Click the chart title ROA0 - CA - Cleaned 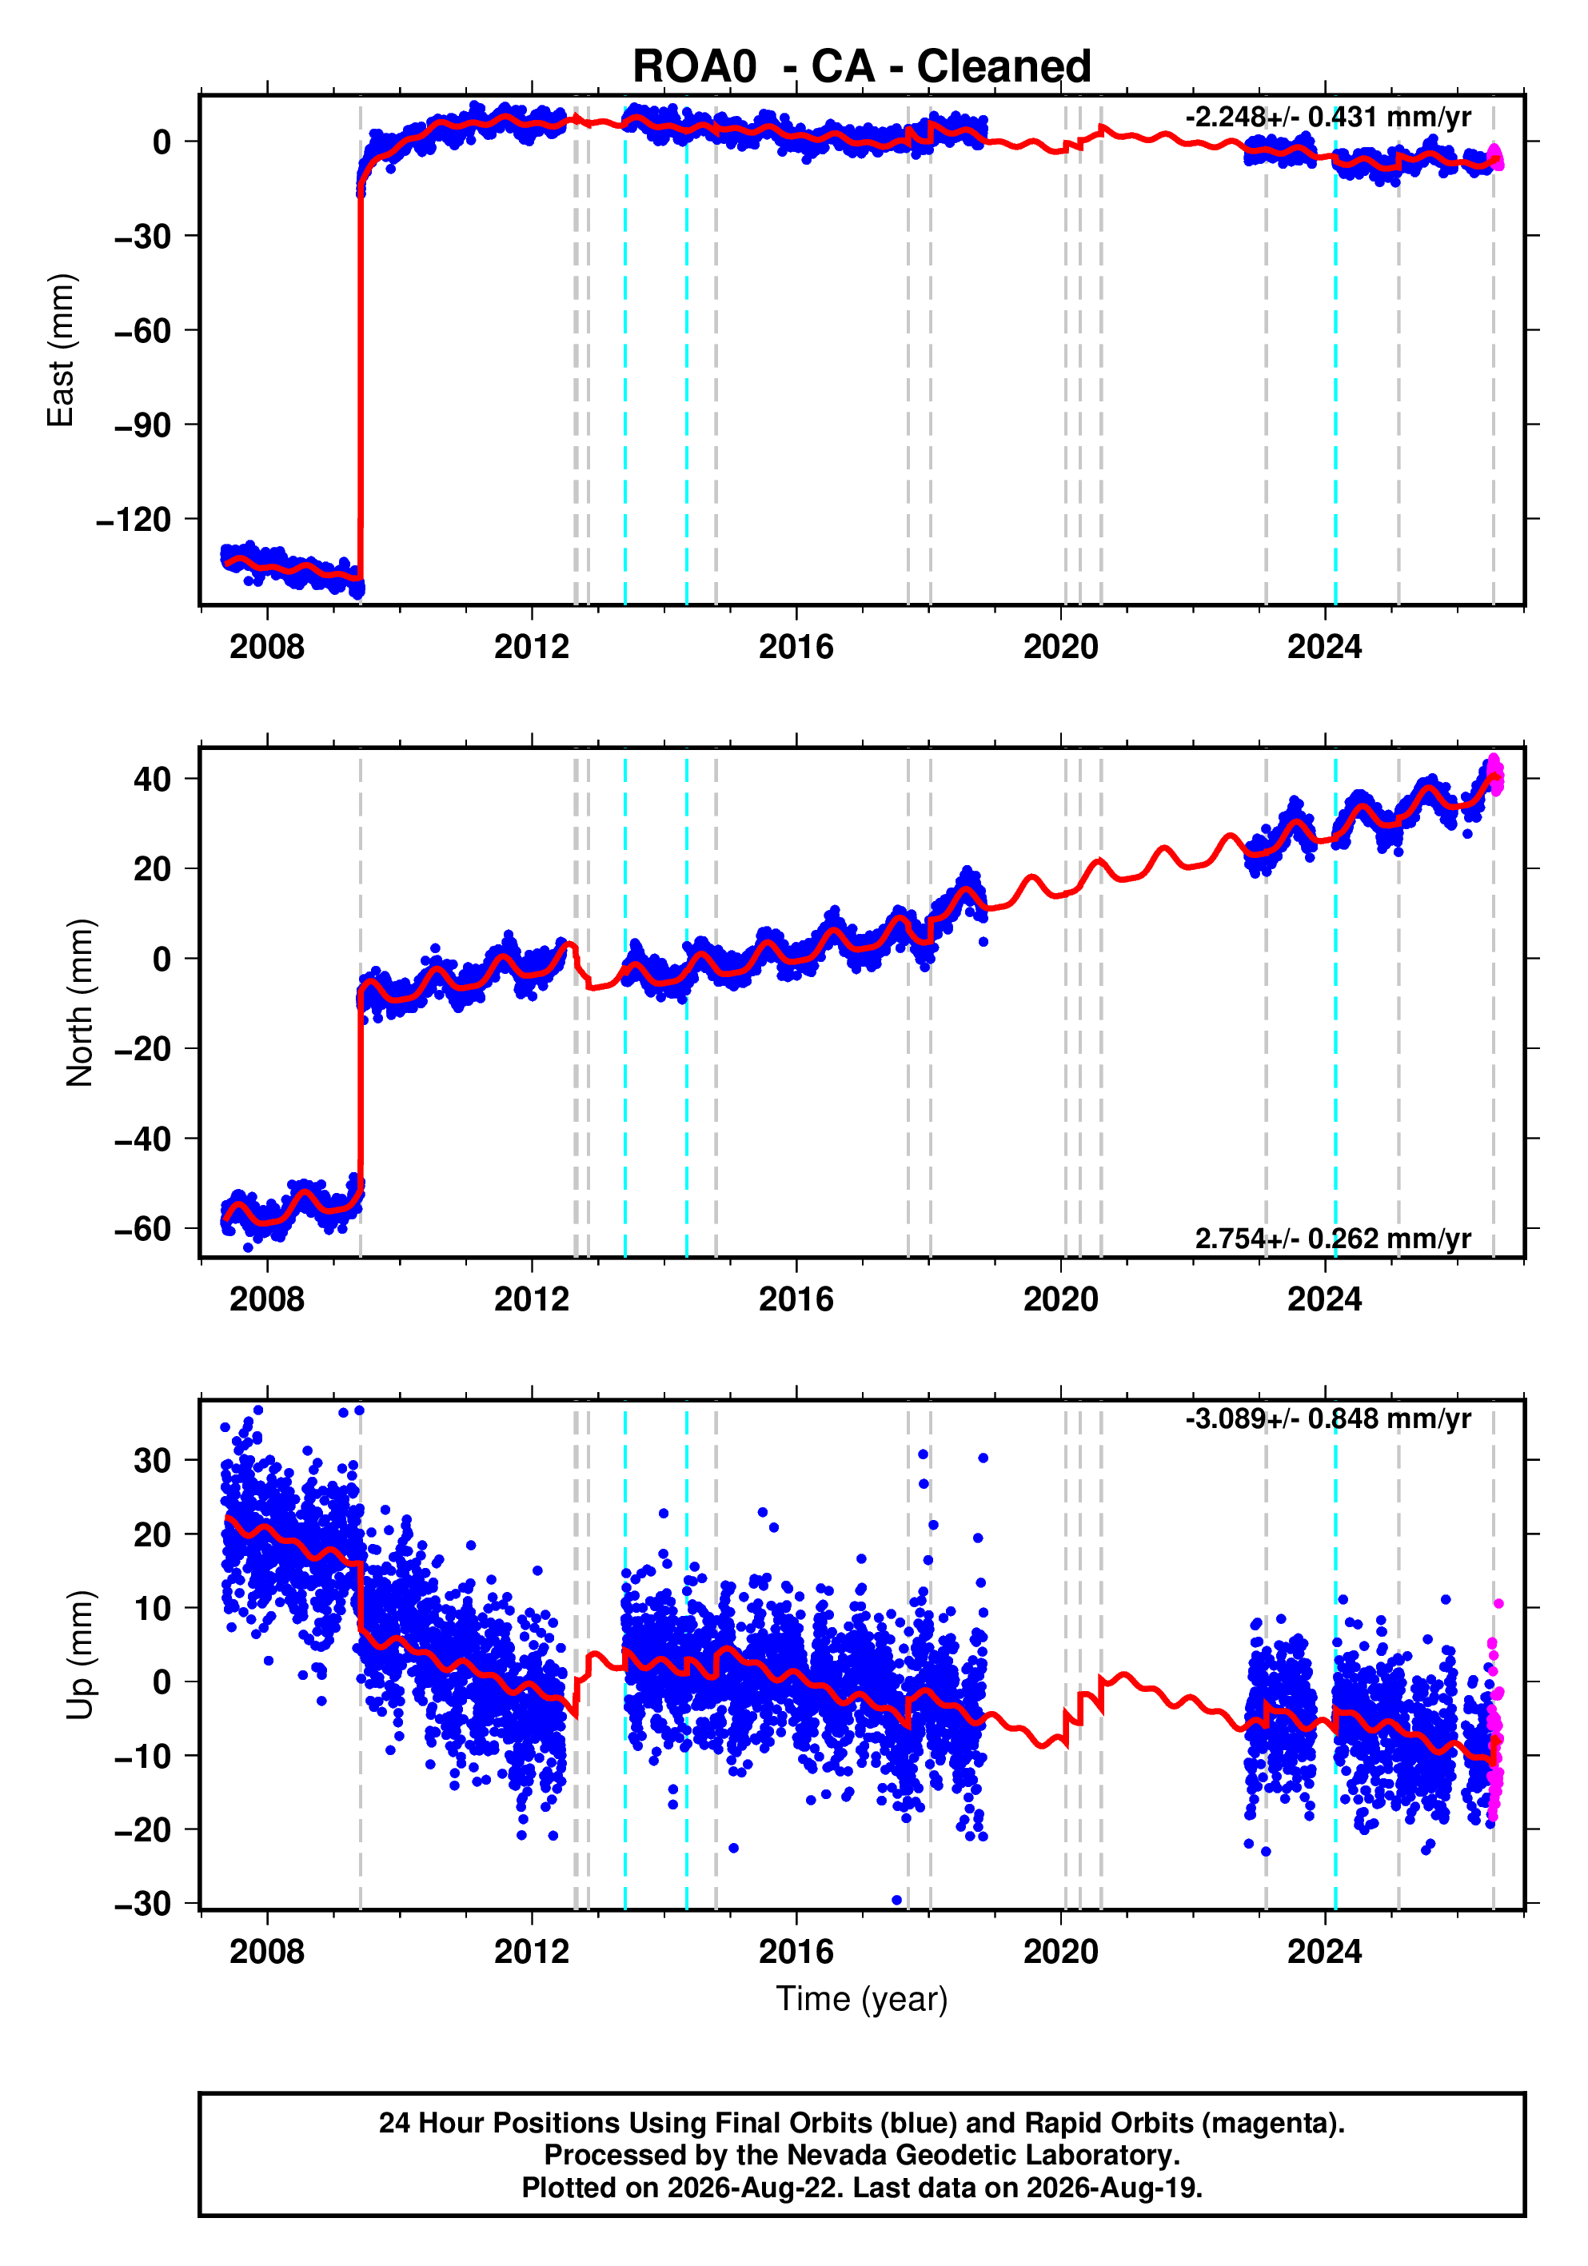tap(862, 67)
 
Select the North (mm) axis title tap(80, 1003)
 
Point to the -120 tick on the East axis tap(134, 519)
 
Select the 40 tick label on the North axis tap(152, 779)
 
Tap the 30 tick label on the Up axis tap(152, 1461)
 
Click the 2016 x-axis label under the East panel tap(796, 648)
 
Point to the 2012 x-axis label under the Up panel tap(531, 1952)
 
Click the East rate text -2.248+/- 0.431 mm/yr tap(1327, 118)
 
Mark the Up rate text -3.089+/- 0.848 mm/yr tap(1327, 1419)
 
